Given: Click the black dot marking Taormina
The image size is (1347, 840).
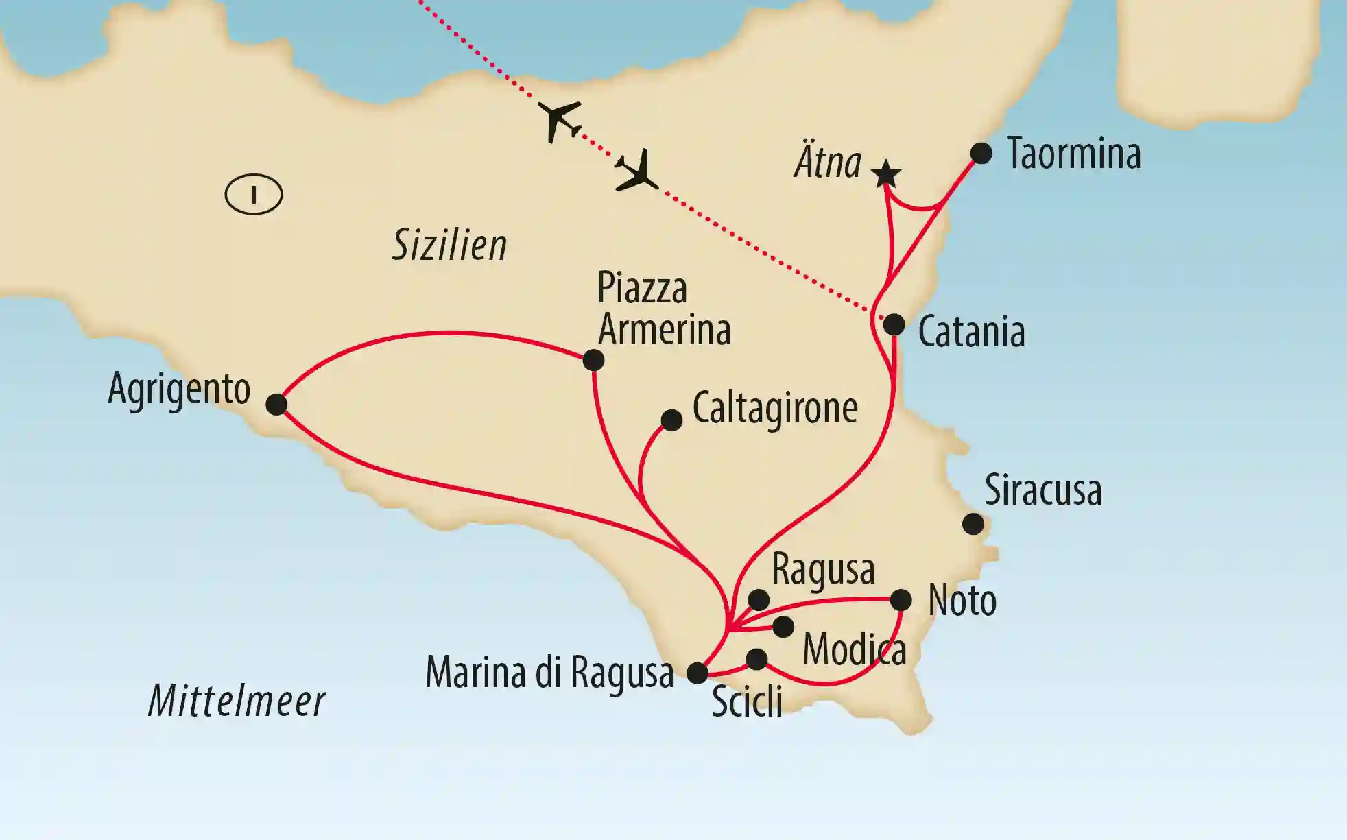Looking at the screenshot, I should (981, 153).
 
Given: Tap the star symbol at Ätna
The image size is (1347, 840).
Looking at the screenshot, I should (885, 174).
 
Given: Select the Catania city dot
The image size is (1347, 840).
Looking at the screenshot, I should (894, 324).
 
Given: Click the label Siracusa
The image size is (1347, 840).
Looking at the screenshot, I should (1042, 491).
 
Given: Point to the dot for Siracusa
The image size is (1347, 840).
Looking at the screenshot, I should (973, 525).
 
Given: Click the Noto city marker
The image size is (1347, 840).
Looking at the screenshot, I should (901, 601).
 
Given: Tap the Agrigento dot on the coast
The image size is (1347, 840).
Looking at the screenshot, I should (276, 404).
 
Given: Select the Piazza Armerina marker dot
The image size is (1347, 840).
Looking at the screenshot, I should (593, 360).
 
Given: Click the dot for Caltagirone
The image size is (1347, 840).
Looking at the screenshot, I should (671, 420).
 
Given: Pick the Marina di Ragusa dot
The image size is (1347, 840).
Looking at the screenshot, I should (697, 673).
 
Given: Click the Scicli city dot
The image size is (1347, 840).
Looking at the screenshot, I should (756, 659).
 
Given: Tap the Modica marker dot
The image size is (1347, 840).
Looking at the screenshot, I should (783, 626).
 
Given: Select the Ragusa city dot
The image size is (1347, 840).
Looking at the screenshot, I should (759, 600).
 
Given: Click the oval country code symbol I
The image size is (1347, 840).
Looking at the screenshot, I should (254, 195).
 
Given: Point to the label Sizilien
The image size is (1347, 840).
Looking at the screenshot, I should (449, 245).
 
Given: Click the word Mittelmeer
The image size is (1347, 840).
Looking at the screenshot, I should (237, 701).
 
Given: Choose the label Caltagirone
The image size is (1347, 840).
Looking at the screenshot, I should (775, 409).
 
